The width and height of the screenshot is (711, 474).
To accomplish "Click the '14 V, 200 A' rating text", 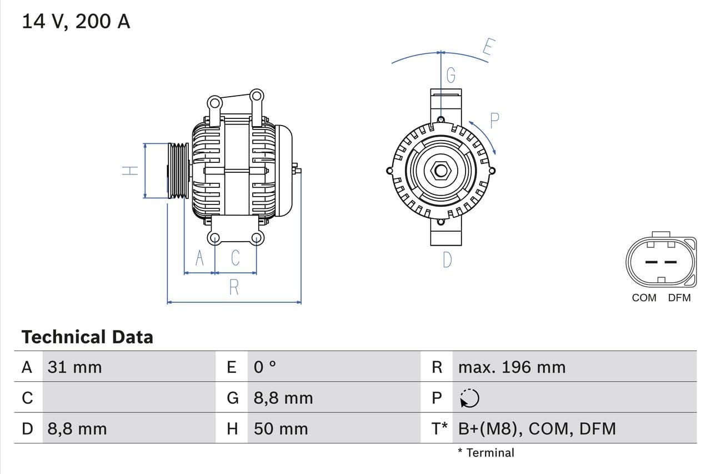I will pos(76,21).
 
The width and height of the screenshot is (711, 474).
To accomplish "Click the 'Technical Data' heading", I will pos(87,337).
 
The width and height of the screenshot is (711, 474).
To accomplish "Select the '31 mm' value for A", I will pos(74,367).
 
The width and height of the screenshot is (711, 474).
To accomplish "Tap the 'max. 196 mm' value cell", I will pos(512,367).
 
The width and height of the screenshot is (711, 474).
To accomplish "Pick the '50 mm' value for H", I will pos(281,428).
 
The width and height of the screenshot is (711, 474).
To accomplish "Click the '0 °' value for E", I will pos(265,367).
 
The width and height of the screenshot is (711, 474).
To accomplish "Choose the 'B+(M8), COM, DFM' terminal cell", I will pos(537,428).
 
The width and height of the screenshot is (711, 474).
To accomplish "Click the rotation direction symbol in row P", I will pos(469,398).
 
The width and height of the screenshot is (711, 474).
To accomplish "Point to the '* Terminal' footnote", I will pos(486,453).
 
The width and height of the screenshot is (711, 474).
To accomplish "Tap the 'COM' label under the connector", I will pos(644,298).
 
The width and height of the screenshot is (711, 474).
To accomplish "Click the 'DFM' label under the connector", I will pos(679,298).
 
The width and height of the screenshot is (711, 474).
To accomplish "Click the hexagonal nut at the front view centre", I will pos(441,171).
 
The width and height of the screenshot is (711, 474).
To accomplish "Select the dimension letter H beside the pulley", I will pos(130,171).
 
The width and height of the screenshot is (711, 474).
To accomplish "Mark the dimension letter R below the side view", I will pos(234,287).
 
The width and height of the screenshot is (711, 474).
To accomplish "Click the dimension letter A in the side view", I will pos(199,258).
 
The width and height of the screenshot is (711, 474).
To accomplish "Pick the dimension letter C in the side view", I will pos(235,258).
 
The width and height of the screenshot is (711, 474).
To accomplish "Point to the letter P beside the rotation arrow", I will pos(494,119).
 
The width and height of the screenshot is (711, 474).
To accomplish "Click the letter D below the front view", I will pos(447,260).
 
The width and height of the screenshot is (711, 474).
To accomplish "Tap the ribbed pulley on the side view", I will pos(179,171).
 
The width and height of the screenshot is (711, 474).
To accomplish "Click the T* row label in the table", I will pos(439,428).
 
